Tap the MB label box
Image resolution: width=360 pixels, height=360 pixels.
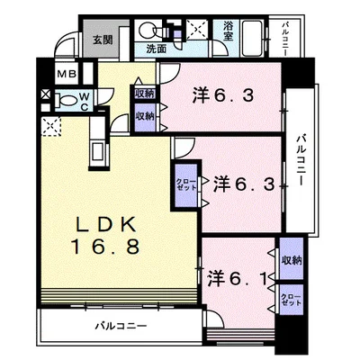pyautogui.click(x=66, y=76)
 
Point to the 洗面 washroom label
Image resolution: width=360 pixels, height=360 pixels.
pyautogui.click(x=157, y=48)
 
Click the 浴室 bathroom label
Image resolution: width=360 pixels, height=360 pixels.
pyautogui.click(x=229, y=32)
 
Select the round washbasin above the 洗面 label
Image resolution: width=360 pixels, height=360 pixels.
pyautogui.click(x=148, y=29)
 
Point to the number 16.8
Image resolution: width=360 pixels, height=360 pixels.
pyautogui.click(x=106, y=247)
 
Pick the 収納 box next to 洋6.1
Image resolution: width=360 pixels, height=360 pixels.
pyautogui.click(x=290, y=261)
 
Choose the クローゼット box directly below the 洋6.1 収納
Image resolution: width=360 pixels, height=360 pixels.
pyautogui.click(x=290, y=299)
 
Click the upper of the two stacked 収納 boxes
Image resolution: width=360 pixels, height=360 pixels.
pyautogui.click(x=145, y=94)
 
